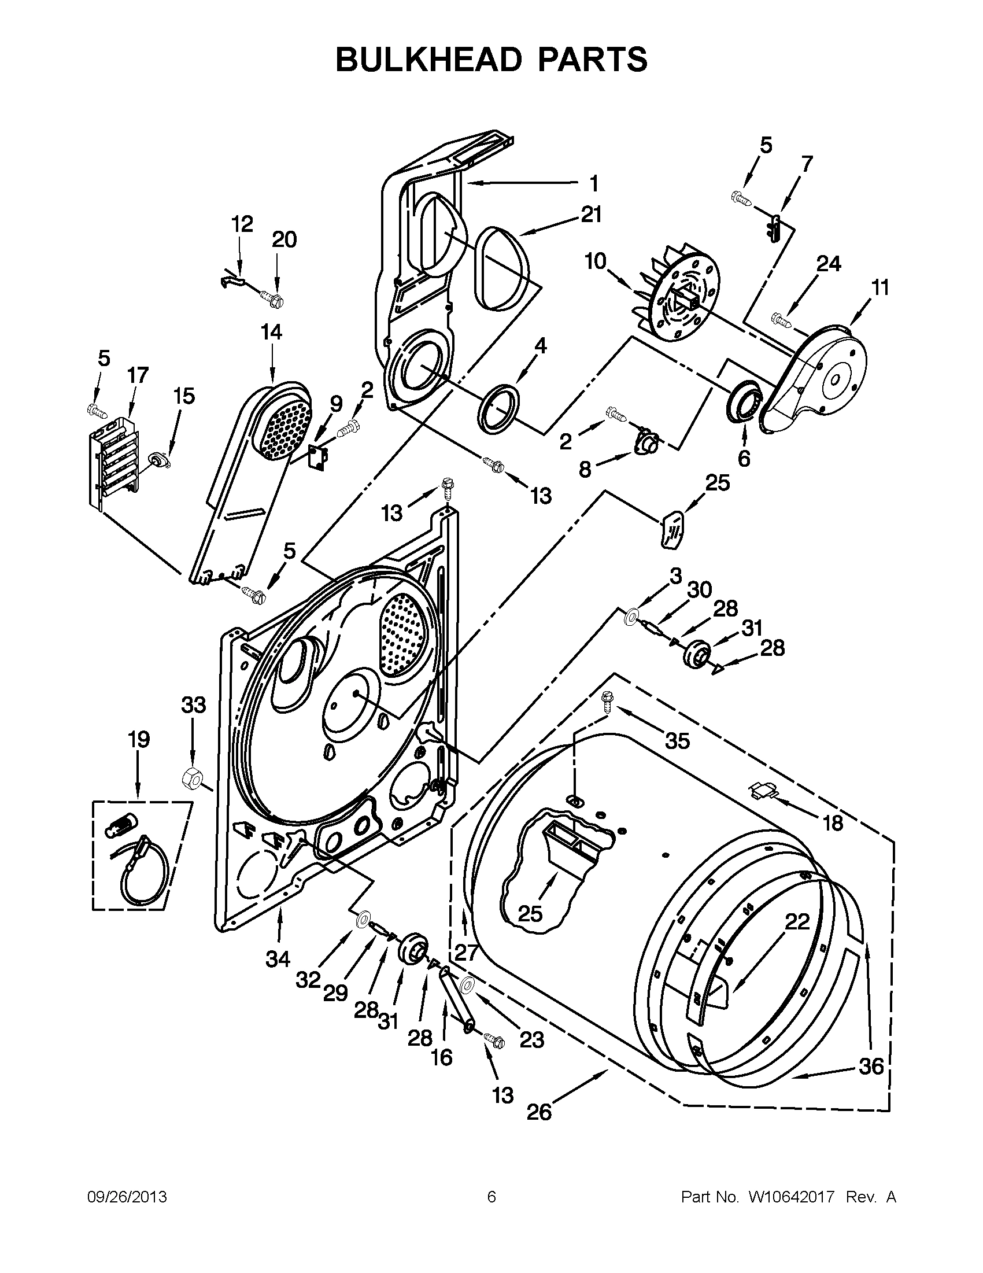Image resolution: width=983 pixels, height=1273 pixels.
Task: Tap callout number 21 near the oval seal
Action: tap(590, 215)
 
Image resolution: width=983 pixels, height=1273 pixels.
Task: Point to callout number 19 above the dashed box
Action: tap(139, 739)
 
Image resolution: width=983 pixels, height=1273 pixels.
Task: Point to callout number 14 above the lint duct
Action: tap(271, 332)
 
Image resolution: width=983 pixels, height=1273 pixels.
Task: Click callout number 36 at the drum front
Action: tap(871, 1066)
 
